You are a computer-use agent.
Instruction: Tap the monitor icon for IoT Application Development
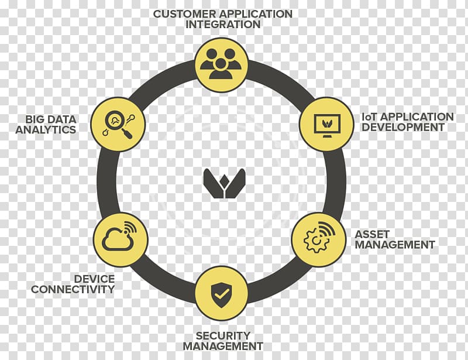pos(326,124)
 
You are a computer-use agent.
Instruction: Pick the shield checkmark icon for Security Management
pos(221,294)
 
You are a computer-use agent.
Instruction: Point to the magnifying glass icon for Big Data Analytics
pos(119,124)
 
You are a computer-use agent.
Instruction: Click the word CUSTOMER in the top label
pos(183,13)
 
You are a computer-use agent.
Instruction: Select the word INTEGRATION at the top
pos(223,25)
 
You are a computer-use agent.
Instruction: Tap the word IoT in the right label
pos(370,116)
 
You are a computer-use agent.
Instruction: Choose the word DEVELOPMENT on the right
pos(404,127)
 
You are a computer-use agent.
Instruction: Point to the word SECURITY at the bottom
pos(223,335)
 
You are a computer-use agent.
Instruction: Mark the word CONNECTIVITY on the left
pos(73,289)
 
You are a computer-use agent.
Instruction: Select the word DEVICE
pos(94,279)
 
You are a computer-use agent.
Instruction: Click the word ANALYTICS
pos(46,129)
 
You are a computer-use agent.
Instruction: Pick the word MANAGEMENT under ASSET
pos(395,245)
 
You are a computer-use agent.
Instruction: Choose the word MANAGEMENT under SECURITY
pos(223,346)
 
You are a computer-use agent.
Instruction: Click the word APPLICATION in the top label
pos(255,13)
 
